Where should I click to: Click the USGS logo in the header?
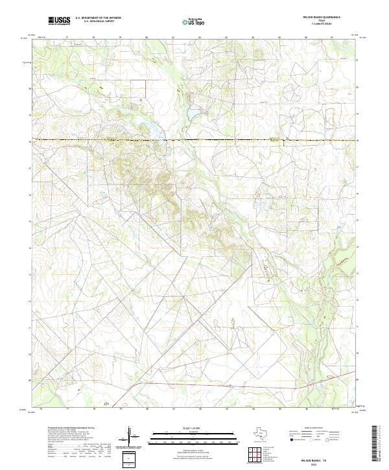60,21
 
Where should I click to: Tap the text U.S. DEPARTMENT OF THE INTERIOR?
98,19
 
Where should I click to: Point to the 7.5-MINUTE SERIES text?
322,26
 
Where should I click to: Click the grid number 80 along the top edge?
147,38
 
